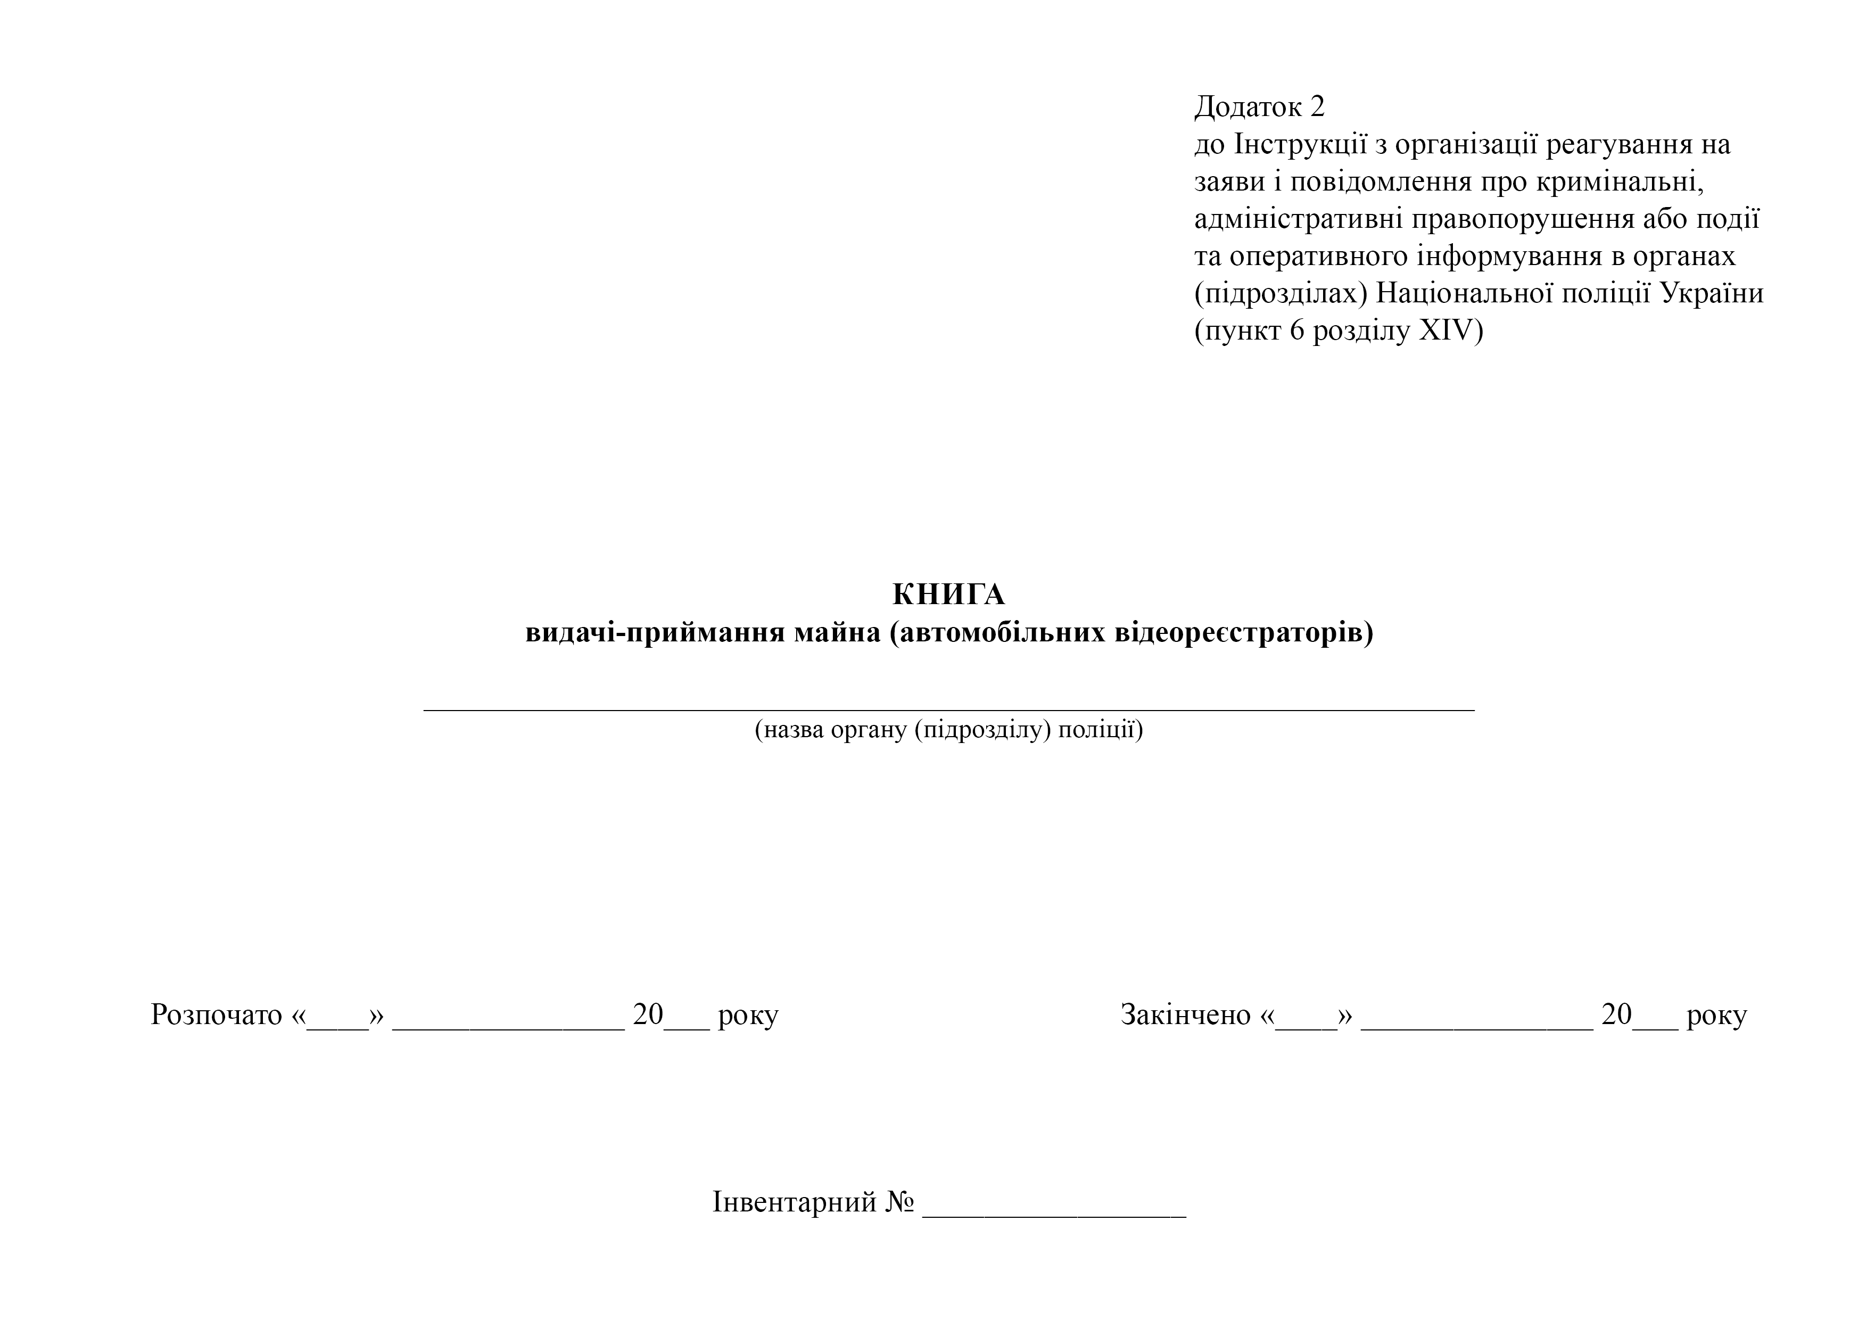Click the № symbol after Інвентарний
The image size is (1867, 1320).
coord(899,1202)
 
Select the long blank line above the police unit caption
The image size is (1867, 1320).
coord(948,709)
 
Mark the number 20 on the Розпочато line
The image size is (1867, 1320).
coord(648,1015)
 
